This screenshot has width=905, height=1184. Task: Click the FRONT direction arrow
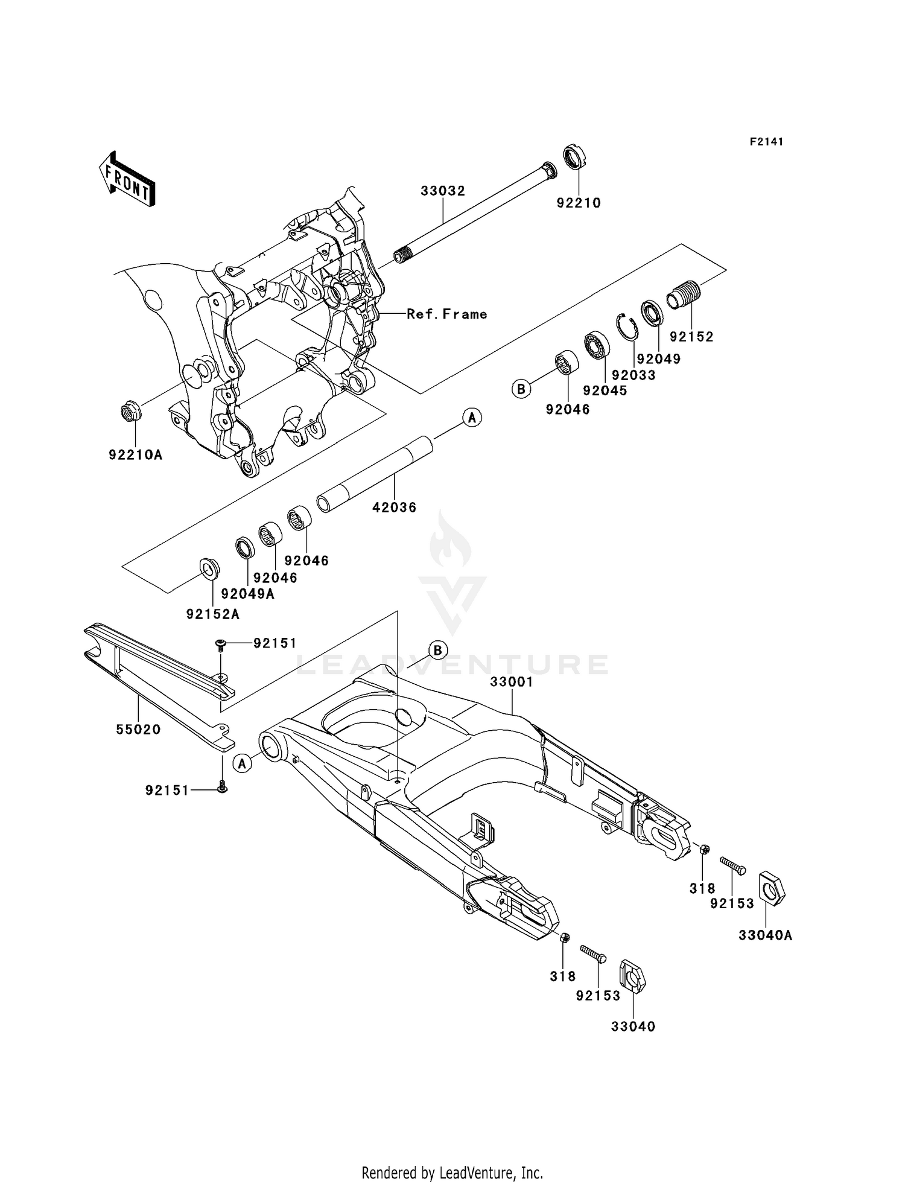coord(127,179)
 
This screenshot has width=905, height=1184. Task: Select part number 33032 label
coord(443,191)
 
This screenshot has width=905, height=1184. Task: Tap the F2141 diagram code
coord(766,142)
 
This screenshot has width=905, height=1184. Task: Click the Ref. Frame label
coord(446,314)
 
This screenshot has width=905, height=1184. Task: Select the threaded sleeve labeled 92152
coord(682,295)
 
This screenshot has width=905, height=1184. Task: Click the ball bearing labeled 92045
coord(597,345)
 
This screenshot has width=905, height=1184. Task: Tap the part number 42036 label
coord(394,508)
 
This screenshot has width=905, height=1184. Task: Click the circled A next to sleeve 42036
coord(472,417)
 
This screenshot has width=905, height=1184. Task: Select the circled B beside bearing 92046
coord(521,389)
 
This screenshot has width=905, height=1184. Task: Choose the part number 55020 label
coord(138,730)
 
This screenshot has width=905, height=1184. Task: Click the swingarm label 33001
coord(512,682)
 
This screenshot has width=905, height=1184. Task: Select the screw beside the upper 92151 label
coord(221,645)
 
